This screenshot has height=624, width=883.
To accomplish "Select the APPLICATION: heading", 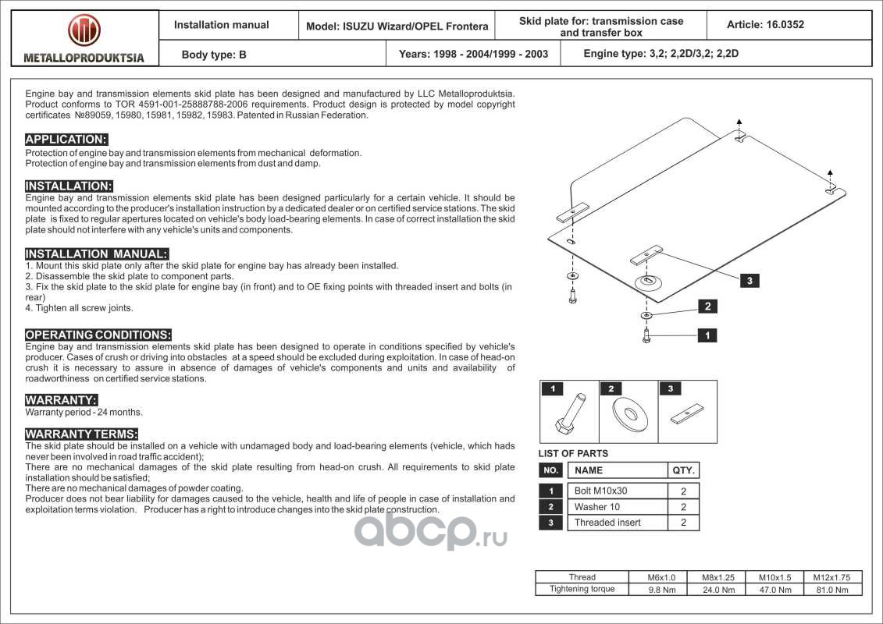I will coord(66,140).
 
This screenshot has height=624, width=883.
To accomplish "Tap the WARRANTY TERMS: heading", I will coord(82,434).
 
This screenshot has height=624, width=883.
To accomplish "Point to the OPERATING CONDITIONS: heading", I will coord(98,335).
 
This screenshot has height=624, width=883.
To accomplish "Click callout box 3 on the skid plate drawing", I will coord(749,281).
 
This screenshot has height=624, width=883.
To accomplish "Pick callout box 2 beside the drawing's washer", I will coord(707,307).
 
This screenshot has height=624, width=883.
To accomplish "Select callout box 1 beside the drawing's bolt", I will coord(707,335).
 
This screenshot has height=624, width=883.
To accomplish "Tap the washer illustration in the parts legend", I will coord(628,413).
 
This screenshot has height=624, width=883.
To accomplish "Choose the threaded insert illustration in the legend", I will coord(688,413).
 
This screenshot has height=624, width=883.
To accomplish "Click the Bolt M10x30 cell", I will coord(600,491).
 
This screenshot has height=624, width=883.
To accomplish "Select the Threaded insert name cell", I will coord(607,523).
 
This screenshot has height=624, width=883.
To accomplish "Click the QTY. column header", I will coord(683,470).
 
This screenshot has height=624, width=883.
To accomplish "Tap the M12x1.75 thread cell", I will coord(836,578).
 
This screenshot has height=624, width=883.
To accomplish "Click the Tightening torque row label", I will coord(582,590).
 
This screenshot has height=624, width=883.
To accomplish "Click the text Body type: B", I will coord(213,55).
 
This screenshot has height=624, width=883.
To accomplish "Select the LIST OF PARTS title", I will coord(573,453).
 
